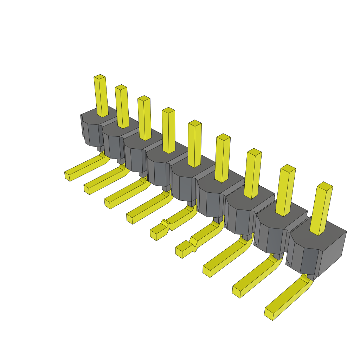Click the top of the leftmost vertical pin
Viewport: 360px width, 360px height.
[x=99, y=77]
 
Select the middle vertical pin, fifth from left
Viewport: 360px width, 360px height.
[x=195, y=144]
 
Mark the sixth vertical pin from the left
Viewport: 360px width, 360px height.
[x=223, y=158]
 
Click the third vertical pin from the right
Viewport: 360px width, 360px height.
[x=253, y=174]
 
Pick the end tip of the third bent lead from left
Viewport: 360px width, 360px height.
[x=107, y=204]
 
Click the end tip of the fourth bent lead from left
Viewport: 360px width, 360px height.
[x=129, y=218]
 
